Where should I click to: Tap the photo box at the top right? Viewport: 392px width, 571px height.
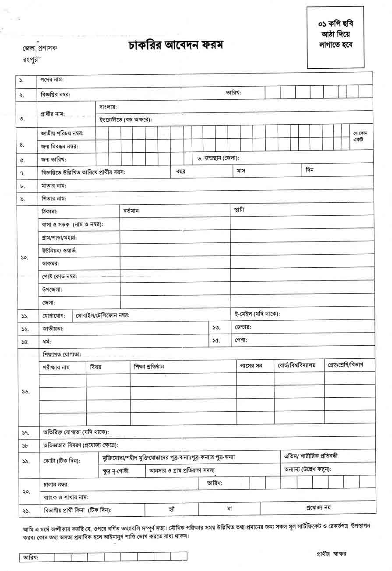click(335, 37)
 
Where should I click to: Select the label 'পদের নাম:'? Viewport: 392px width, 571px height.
click(52, 80)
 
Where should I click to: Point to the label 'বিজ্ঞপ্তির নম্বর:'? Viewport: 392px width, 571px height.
click(56, 94)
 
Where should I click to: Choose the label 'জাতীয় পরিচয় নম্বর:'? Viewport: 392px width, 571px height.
click(62, 133)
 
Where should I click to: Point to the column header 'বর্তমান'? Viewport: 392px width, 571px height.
click(131, 210)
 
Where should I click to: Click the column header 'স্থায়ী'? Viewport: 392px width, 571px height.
click(239, 210)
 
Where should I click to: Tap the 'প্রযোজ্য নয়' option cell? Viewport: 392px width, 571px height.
click(318, 508)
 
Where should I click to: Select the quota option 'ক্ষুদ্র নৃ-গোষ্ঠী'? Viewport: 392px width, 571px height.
click(116, 471)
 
